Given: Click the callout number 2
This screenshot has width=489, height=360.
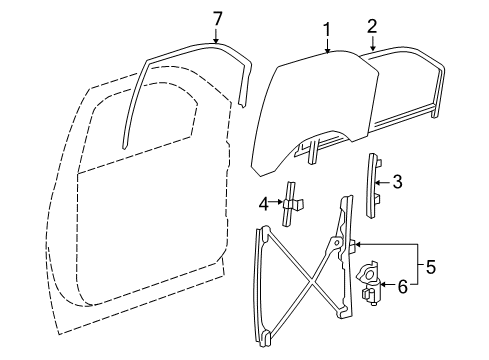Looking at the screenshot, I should point(371,27).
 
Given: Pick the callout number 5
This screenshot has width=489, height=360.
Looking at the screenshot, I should point(432,267).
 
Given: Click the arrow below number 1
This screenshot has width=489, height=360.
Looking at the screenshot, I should point(325,47).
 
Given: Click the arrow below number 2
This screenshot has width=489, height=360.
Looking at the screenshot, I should point(371,43).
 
